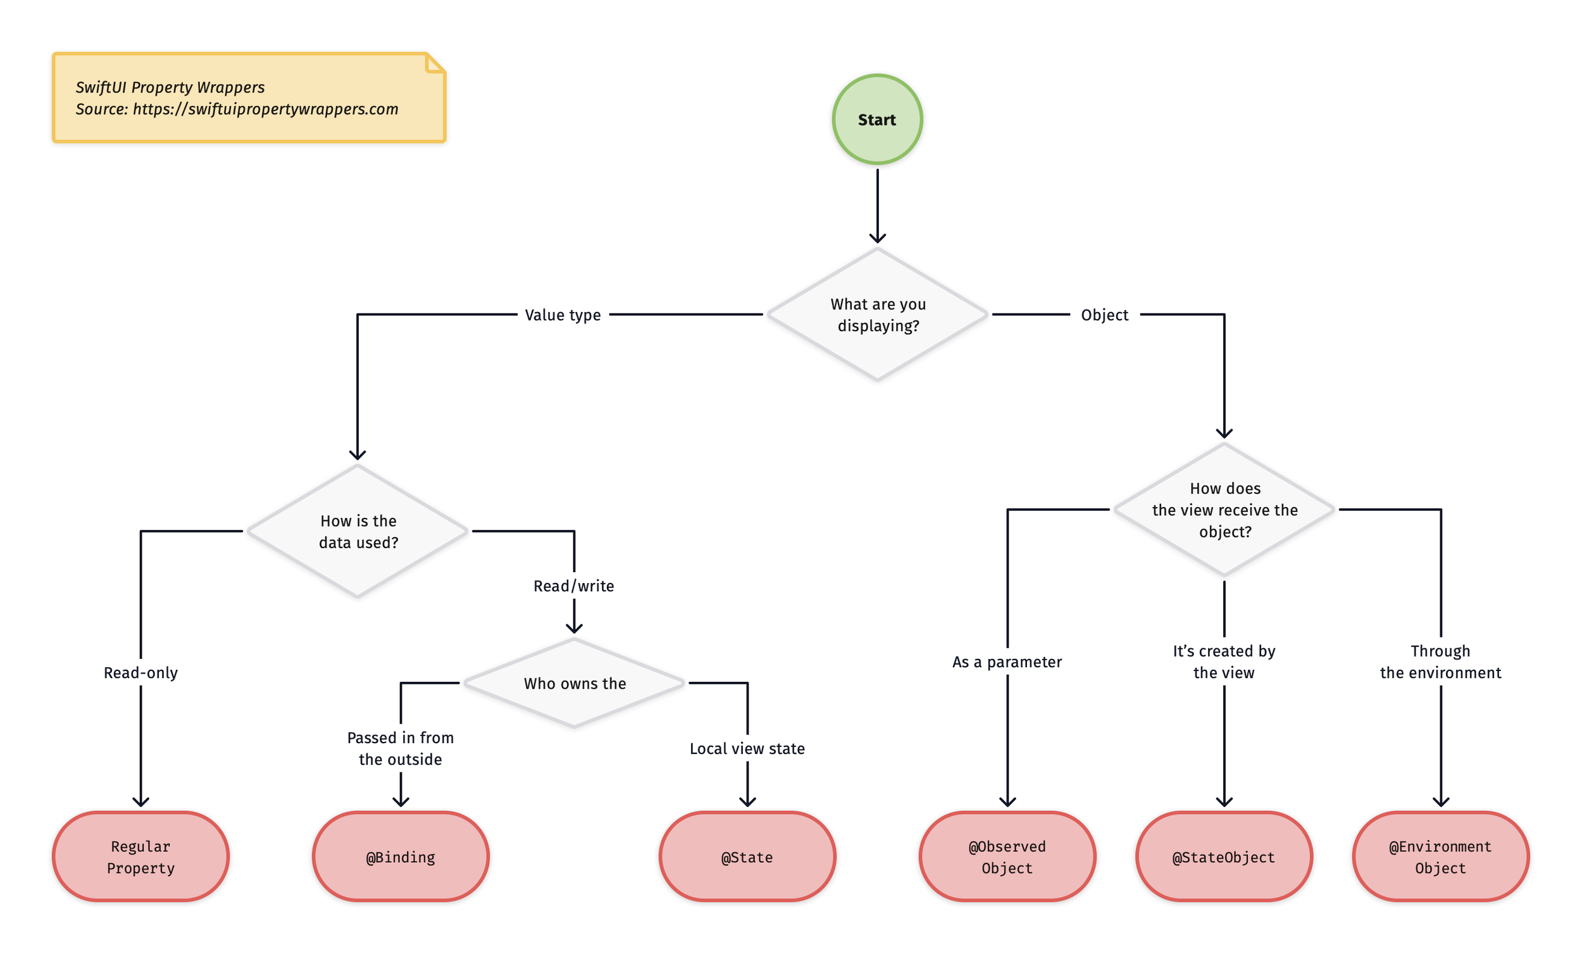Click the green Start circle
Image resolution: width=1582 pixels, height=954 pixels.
[877, 120]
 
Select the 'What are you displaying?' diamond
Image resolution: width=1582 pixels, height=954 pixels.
[877, 315]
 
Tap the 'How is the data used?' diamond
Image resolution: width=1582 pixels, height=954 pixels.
[358, 531]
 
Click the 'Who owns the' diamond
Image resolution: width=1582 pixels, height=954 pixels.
[574, 683]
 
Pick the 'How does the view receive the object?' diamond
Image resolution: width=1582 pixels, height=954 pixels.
[1224, 510]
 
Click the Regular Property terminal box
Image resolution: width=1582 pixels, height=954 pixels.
[140, 857]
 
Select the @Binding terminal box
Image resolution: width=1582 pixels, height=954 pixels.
[401, 857]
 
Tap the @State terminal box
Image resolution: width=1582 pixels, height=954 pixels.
[747, 857]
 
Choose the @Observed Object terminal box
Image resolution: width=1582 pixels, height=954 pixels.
[1007, 857]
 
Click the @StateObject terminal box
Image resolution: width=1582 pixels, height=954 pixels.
[1224, 857]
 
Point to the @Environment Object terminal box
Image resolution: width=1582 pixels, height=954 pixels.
[1440, 857]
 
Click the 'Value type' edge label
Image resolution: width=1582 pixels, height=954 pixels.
[563, 315]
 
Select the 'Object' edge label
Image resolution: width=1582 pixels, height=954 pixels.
[1104, 315]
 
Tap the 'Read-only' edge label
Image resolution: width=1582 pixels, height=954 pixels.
[140, 673]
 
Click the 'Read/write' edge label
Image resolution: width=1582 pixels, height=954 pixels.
[573, 586]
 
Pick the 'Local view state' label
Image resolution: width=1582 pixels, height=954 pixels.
[747, 748]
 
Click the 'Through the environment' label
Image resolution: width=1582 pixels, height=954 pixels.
[1440, 662]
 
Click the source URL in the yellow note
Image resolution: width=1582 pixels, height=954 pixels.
[265, 110]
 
